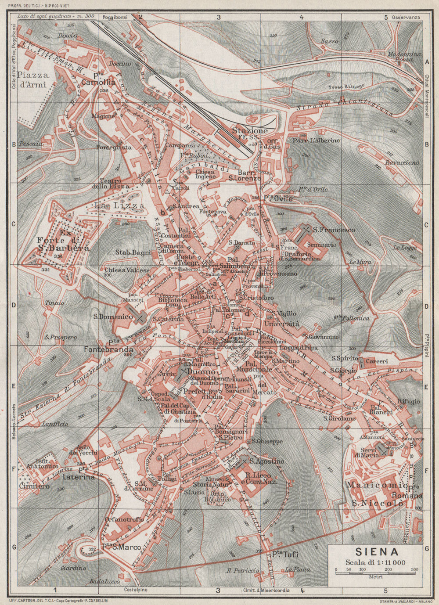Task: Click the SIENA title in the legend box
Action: (377, 552)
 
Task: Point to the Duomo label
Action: (202, 372)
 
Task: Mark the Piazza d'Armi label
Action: (39, 79)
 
